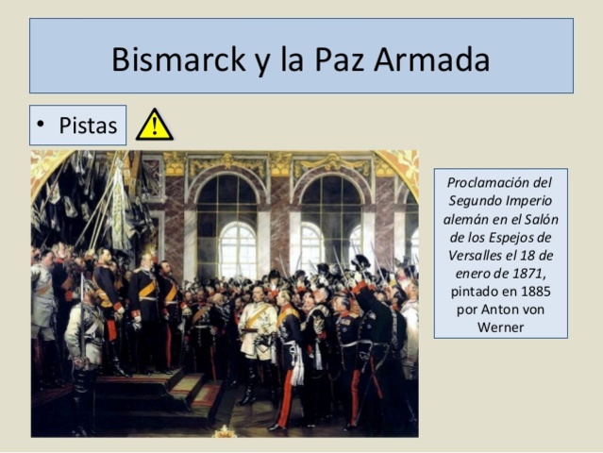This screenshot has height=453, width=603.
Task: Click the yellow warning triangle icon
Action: coord(154,125)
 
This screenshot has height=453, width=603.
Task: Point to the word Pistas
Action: coord(88,126)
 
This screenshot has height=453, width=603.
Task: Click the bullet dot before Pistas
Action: coord(42,126)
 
